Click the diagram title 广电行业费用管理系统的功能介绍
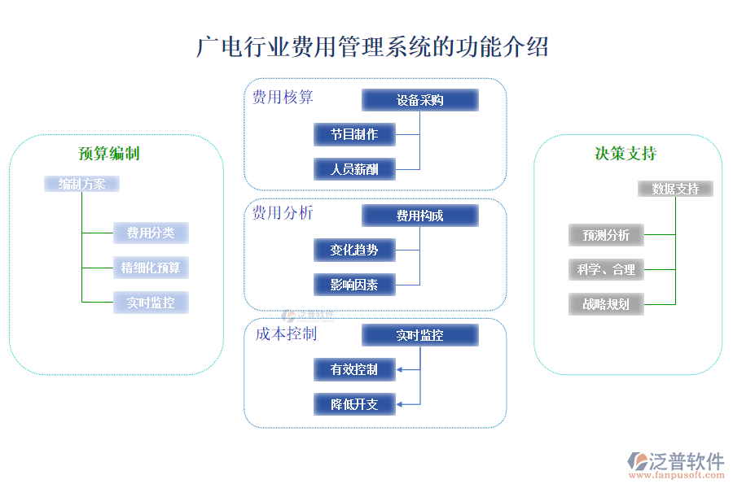(372, 46)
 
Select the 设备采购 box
(419, 100)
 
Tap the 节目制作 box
(354, 134)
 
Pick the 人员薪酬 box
(354, 169)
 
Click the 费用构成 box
(419, 216)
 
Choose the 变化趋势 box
(354, 250)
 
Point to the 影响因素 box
(354, 285)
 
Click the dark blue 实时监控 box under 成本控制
(419, 335)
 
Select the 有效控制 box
(354, 369)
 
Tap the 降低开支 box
(354, 404)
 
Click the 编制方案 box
(81, 184)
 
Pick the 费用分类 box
(151, 233)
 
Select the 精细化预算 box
(151, 267)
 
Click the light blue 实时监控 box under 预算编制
(151, 303)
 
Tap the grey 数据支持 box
(675, 189)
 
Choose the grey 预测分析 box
(606, 235)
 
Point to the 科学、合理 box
(606, 269)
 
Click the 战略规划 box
(606, 304)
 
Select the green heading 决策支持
(625, 154)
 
